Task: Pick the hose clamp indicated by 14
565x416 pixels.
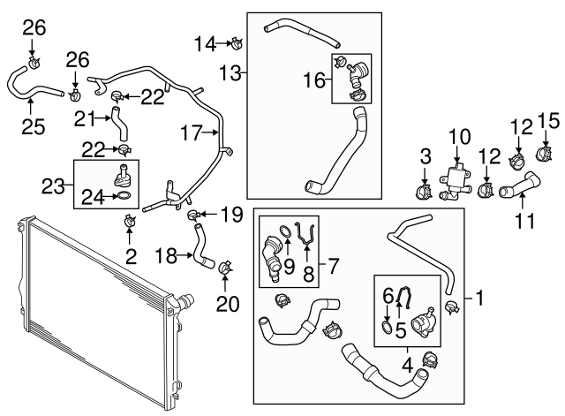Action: (236, 41)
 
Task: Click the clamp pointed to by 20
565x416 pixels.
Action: (224, 265)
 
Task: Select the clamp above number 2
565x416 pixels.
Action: (130, 221)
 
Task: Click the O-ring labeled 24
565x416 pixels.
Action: (124, 195)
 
